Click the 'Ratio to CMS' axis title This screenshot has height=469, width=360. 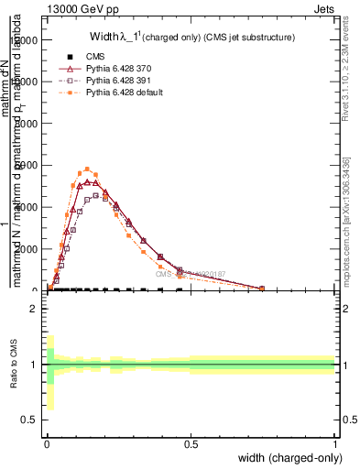(12, 365)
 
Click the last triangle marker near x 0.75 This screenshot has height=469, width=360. (262, 289)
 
